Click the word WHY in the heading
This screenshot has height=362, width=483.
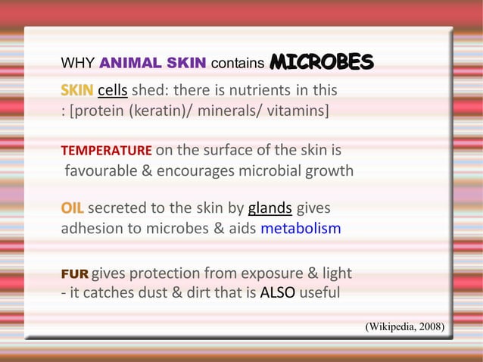point(77,62)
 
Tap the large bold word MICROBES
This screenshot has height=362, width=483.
point(322,61)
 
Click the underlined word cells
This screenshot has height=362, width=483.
point(112,92)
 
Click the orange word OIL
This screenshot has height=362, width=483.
point(73,208)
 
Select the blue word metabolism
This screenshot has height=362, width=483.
point(301,228)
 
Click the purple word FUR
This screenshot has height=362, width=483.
point(74,273)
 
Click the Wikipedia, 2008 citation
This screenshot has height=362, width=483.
point(405,326)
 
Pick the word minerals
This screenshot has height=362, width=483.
point(233,112)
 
